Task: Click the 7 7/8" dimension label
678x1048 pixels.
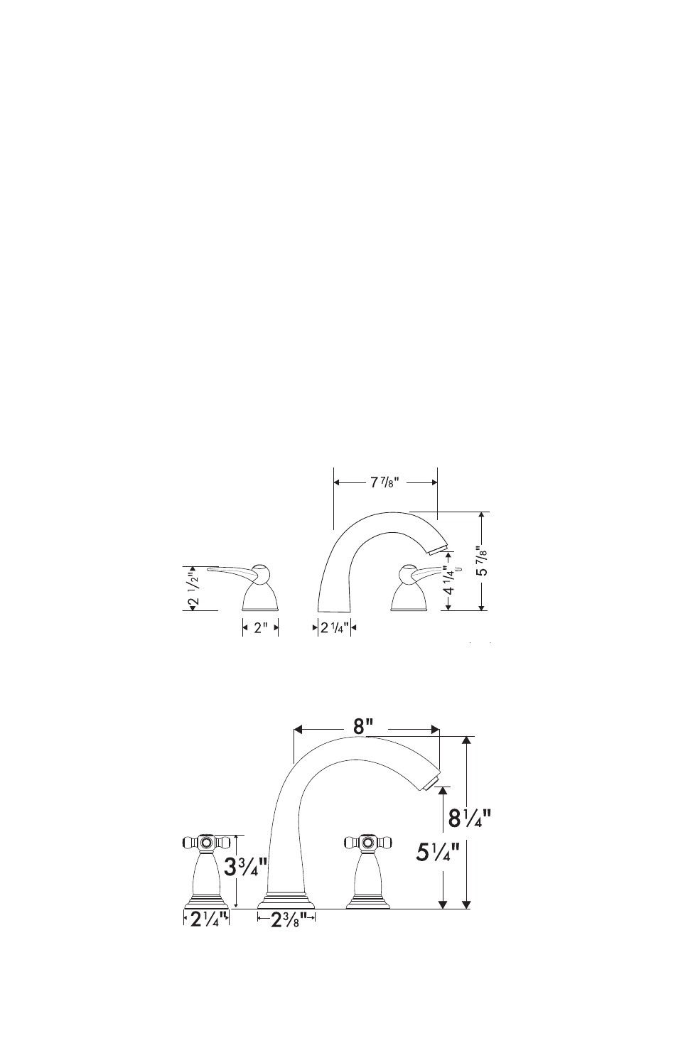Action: point(384,482)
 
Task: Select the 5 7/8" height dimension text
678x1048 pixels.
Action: point(482,561)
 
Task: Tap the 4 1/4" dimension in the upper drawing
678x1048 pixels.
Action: point(448,581)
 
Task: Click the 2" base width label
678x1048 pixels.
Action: point(259,627)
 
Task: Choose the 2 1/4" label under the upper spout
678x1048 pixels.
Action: point(333,627)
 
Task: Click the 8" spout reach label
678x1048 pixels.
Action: point(363,727)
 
